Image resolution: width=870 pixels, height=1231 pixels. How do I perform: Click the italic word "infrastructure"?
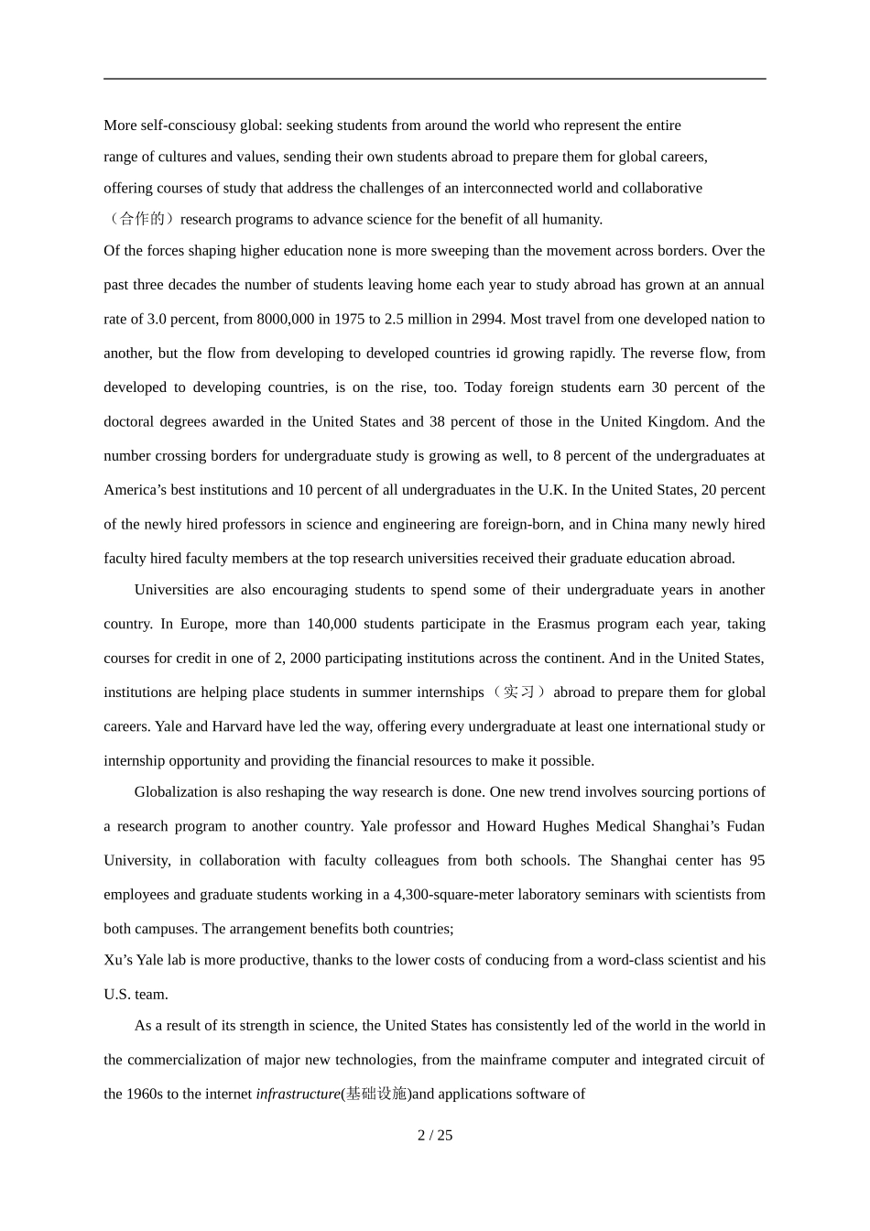point(298,1094)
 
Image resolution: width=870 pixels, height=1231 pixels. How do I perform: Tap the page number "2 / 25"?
point(435,1136)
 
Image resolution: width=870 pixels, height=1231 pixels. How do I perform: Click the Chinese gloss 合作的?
point(142,219)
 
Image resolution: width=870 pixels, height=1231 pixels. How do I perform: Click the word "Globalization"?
point(177,792)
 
